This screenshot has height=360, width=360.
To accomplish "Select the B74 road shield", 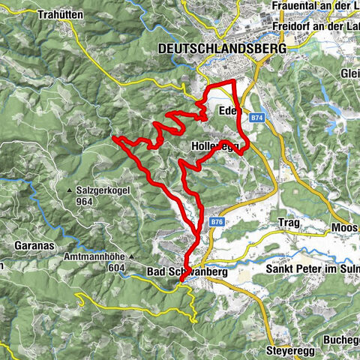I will pos(258,118).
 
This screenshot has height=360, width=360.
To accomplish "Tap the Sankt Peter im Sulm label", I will pos(313,268).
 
